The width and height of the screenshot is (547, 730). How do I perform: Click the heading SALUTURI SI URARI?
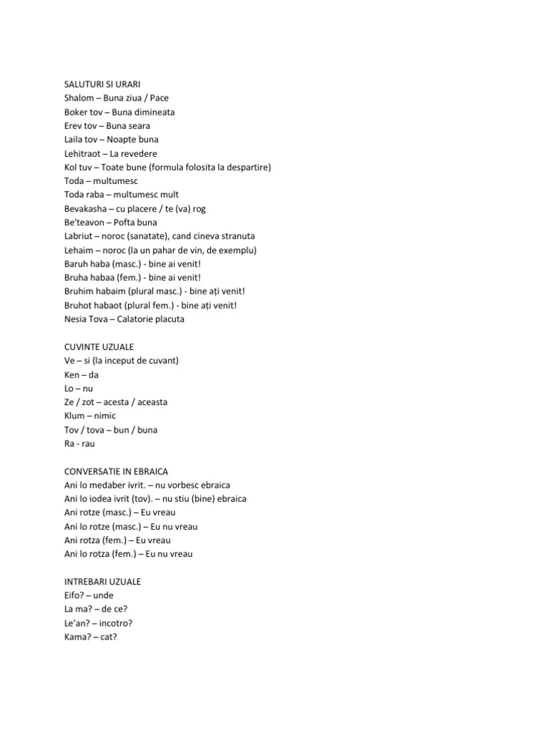point(102,84)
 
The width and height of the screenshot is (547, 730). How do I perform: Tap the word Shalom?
point(77,98)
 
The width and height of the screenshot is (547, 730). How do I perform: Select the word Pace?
point(159,98)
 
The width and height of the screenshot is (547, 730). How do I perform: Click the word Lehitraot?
point(83,153)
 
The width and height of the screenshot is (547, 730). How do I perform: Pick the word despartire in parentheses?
point(246,167)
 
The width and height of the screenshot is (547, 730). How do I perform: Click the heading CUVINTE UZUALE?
point(98,346)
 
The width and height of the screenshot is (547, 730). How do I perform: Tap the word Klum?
point(74,416)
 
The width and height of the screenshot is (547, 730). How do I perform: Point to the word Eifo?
point(74,595)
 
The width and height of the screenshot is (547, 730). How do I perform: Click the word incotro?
point(113,623)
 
